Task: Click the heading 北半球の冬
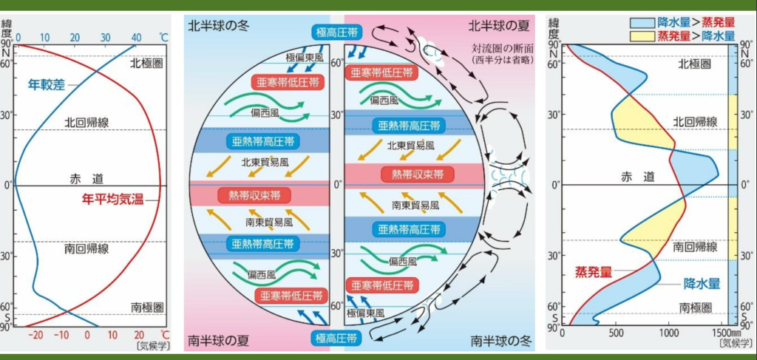tap(218, 25)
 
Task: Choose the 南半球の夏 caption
tap(218, 341)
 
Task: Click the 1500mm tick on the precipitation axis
tap(722, 333)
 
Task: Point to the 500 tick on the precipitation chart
tap(616, 333)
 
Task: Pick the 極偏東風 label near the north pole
tap(305, 58)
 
